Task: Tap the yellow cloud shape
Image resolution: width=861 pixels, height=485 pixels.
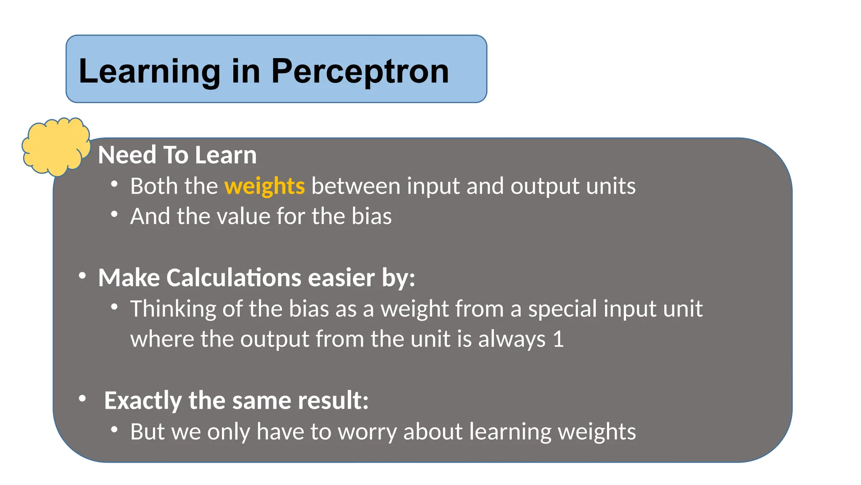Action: (x=55, y=146)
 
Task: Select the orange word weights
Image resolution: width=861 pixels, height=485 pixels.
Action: (x=264, y=186)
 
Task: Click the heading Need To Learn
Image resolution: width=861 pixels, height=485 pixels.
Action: (x=177, y=155)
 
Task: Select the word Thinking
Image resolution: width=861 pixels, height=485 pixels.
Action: (x=173, y=309)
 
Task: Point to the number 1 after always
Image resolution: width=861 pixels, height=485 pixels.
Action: (x=558, y=339)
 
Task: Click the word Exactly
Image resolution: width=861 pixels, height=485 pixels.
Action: (x=143, y=400)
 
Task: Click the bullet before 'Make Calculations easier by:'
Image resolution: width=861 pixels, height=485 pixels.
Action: (x=82, y=276)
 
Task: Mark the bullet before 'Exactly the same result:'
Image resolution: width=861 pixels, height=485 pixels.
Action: (x=82, y=398)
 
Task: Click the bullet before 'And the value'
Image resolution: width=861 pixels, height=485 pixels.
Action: (x=114, y=214)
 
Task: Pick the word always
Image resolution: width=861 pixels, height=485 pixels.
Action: (x=512, y=339)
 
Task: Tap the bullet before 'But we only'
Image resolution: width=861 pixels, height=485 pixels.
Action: (x=114, y=430)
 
